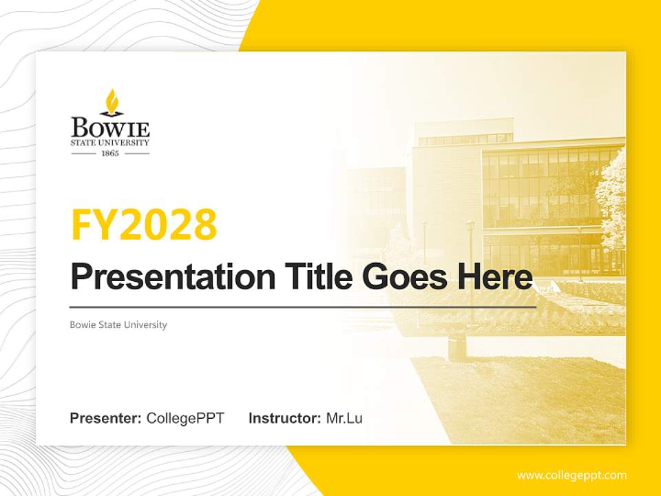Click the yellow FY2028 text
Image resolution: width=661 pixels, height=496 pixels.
point(144,225)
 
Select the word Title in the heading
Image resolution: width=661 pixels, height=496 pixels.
point(317,277)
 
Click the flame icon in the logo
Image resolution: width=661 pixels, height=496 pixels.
point(110,101)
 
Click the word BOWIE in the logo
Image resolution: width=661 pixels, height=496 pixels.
point(110,127)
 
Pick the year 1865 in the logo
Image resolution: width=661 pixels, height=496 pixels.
point(110,153)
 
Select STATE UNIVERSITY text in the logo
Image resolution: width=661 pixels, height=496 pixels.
point(110,143)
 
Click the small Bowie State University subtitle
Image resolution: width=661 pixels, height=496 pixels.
point(118,324)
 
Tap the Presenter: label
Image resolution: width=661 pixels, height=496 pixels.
point(105,417)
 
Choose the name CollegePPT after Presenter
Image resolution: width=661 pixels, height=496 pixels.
point(185,417)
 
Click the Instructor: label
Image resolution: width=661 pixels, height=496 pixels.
point(284,417)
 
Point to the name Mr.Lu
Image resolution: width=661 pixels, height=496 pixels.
point(344,417)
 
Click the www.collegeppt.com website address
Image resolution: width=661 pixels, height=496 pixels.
point(571,475)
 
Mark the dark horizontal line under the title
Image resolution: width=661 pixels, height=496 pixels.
point(303,307)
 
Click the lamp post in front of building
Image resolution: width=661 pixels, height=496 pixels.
point(470,248)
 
